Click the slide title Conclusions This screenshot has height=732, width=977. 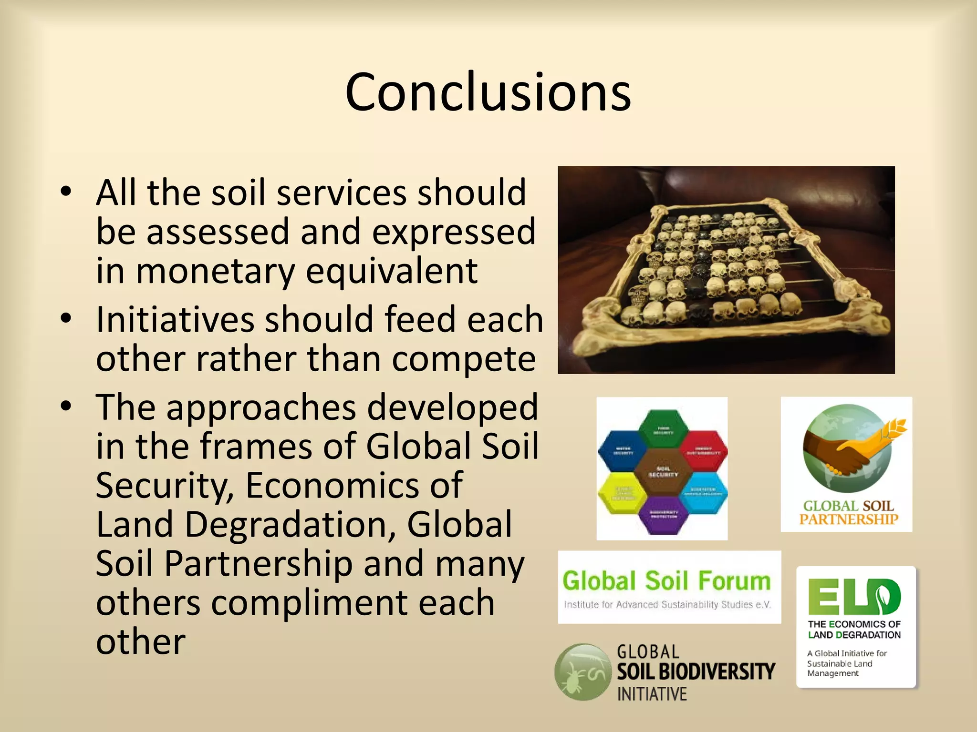tap(488, 91)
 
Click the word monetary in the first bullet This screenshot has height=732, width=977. tap(215, 271)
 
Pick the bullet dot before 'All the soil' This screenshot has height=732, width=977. tap(66, 192)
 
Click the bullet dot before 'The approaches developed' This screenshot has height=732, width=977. tap(66, 406)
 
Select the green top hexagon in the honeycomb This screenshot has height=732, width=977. tap(663, 429)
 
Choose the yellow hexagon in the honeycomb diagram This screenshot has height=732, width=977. tap(622, 493)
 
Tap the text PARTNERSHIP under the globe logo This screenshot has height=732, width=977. tap(849, 519)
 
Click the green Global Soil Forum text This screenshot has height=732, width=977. tap(666, 581)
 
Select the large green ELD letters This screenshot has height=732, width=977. tap(854, 596)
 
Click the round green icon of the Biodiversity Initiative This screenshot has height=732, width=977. tap(582, 671)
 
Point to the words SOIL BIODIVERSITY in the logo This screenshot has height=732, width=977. tap(696, 671)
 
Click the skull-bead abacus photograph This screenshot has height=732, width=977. tap(726, 270)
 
